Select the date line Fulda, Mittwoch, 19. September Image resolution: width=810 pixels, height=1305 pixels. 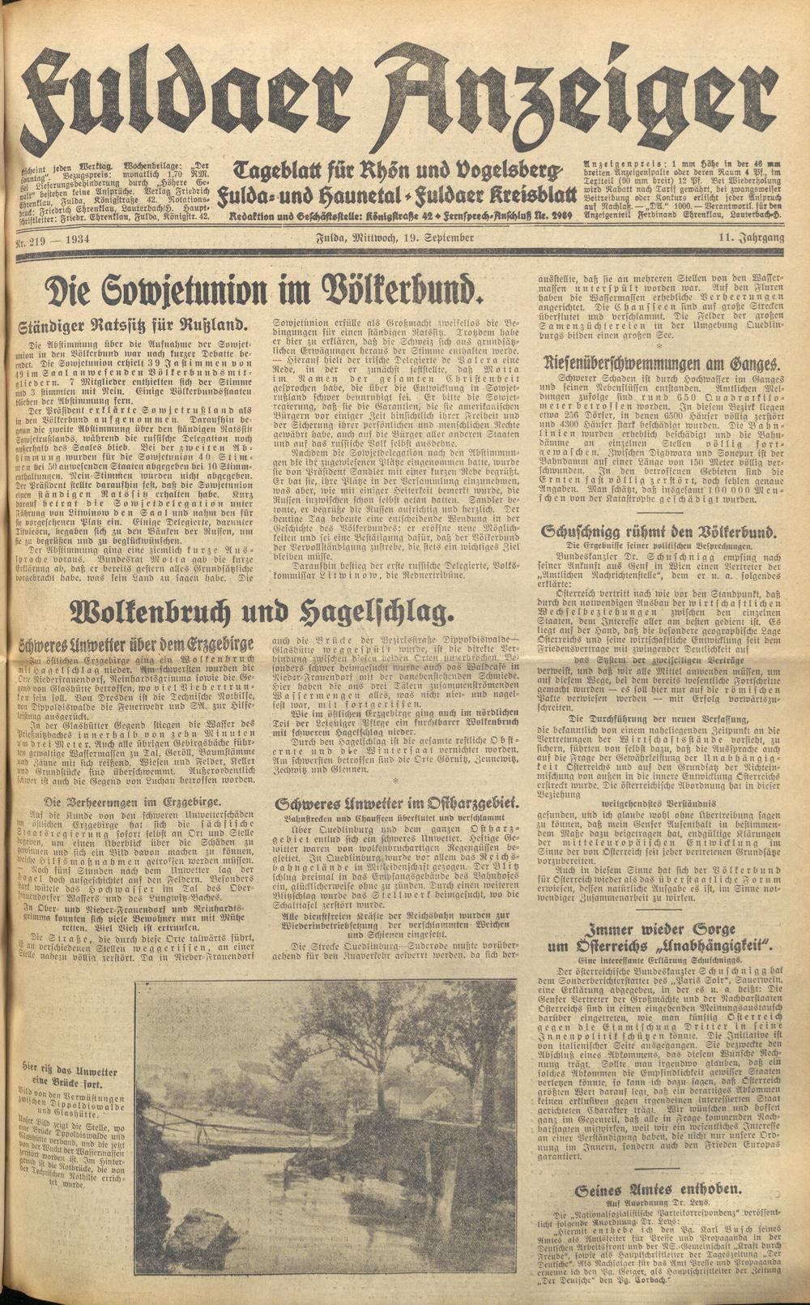(x=394, y=237)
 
